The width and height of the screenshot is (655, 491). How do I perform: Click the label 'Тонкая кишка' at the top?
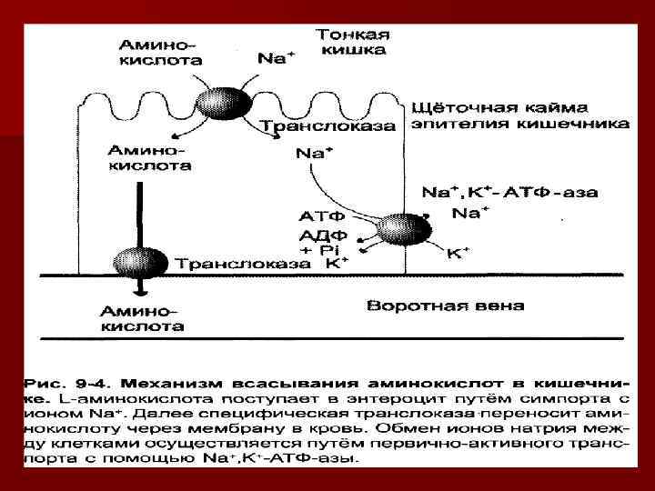click(x=353, y=42)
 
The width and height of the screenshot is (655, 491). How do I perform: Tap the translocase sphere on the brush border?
click(x=233, y=102)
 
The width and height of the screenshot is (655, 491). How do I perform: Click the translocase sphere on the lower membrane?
click(x=138, y=262)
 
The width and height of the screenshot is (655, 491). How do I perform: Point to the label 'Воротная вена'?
click(x=445, y=306)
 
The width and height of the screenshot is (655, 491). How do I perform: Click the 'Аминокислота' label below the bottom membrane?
click(x=142, y=318)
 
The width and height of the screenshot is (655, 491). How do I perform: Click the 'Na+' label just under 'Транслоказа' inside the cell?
click(x=312, y=154)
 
